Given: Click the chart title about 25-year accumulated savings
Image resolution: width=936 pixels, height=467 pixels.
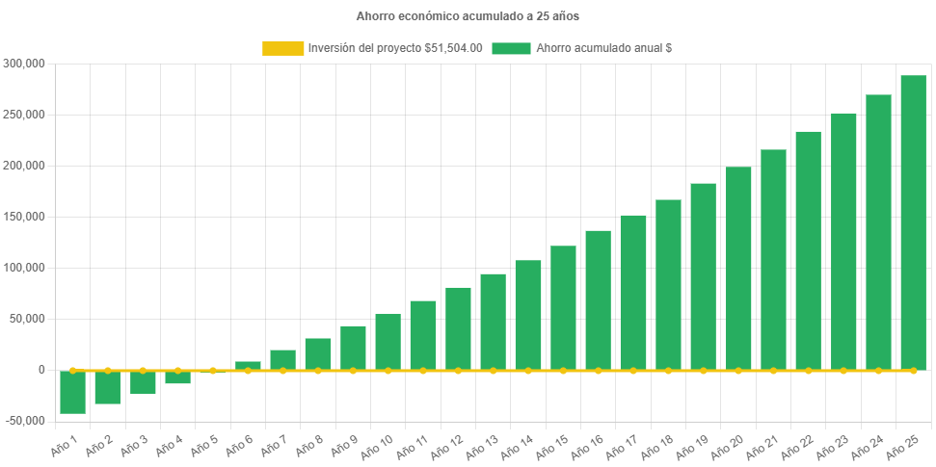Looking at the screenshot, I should tap(468, 16).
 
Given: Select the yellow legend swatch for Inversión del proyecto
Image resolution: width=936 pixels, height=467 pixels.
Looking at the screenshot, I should tap(282, 48).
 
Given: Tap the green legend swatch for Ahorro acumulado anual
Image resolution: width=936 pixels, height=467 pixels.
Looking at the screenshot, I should tap(511, 48).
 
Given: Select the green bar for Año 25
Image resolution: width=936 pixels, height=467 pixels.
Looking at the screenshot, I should tap(913, 221).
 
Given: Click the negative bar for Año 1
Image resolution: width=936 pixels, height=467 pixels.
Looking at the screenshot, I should tap(72, 392).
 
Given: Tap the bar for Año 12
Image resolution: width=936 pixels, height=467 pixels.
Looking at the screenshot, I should tap(458, 327).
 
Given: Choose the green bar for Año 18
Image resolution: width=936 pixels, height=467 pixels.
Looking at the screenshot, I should tap(668, 284).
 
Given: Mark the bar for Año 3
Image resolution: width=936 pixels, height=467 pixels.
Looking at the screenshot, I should tap(143, 382).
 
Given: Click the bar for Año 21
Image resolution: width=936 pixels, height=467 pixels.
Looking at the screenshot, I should tap(773, 260).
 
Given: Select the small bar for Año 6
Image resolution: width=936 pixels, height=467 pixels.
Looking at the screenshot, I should tap(248, 365).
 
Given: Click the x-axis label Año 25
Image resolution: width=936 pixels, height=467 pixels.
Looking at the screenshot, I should tap(903, 446).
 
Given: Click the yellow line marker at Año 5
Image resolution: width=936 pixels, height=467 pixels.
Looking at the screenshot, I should tap(213, 370).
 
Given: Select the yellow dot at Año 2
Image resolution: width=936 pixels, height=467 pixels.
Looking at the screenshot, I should tap(107, 370).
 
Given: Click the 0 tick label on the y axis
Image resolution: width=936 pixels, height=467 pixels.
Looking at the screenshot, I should tap(41, 370).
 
